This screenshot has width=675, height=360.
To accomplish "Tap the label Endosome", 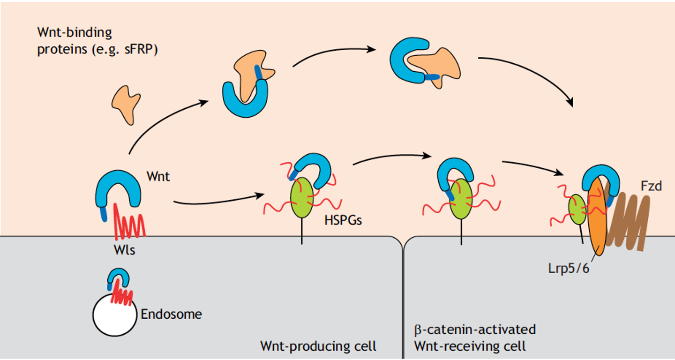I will coord(171,314).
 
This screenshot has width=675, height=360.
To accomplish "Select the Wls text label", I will coord(124,250).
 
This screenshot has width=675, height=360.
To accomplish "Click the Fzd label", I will coord(651,186).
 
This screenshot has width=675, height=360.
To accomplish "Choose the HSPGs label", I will coord(343,220).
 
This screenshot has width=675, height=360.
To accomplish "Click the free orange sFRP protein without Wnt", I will coord(125,104).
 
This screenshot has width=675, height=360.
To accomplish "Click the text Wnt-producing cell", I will coord(318,346).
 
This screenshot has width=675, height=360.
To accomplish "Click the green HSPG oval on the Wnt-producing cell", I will coord(302,197).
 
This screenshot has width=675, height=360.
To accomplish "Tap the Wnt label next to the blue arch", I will coord(158,177).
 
